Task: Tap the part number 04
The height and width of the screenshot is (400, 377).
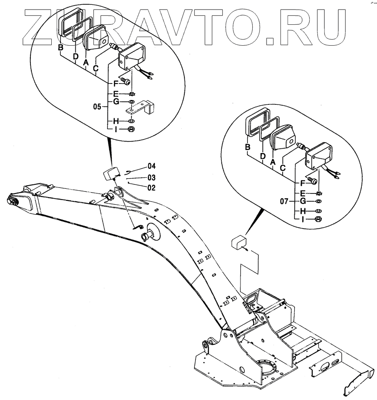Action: click(151, 166)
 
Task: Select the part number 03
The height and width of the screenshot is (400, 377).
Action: click(151, 177)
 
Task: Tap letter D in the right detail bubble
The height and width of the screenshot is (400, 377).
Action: click(263, 156)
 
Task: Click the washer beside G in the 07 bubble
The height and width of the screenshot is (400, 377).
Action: click(318, 202)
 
